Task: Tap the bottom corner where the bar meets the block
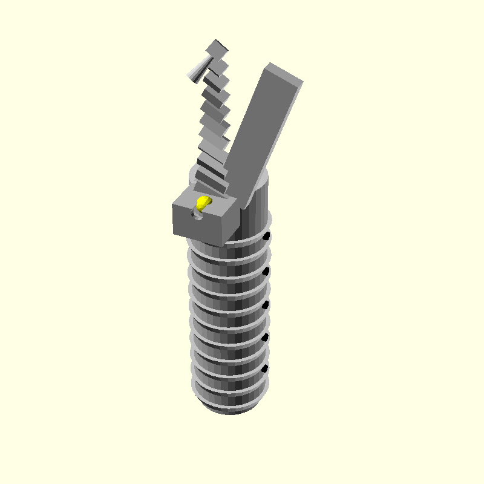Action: (240, 206)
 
